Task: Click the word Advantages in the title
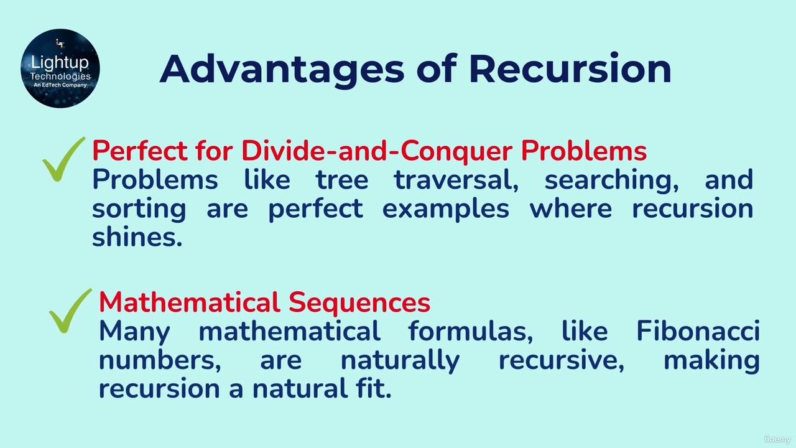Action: tap(282, 68)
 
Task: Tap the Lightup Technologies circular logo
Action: tap(60, 68)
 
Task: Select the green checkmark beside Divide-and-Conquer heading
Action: tap(63, 160)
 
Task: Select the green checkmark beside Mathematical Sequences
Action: tap(70, 310)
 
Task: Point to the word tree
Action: tap(341, 180)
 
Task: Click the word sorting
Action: tap(139, 208)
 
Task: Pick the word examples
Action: tap(445, 208)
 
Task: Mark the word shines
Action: tap(137, 236)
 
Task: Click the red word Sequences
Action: tap(359, 302)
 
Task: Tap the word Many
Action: tap(134, 331)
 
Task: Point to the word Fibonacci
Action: tap(698, 331)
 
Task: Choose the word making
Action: tap(711, 360)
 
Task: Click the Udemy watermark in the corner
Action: tap(777, 439)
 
